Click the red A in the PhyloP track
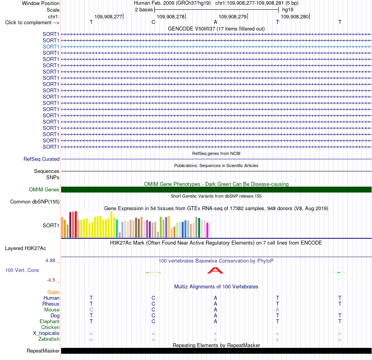[x=215, y=270]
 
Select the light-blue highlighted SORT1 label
[x=51, y=47]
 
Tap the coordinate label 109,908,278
[x=171, y=16]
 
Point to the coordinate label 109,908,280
[x=294, y=16]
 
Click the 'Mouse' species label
[x=52, y=310]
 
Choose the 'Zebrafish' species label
[x=49, y=339]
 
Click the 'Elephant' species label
[x=50, y=321]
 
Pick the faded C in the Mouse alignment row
[x=91, y=310]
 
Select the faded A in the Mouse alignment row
[x=277, y=310]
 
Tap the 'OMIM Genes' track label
[x=44, y=189]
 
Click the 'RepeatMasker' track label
[x=43, y=351]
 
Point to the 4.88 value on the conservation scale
[x=50, y=260]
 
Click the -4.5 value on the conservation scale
[x=51, y=280]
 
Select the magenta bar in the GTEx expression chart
[x=208, y=230]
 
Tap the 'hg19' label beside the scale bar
[x=288, y=10]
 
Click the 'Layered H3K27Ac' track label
[x=25, y=248]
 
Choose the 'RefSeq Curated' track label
[x=42, y=159]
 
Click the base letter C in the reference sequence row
[x=153, y=22]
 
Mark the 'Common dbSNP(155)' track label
[x=35, y=202]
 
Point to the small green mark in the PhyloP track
[x=339, y=272]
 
